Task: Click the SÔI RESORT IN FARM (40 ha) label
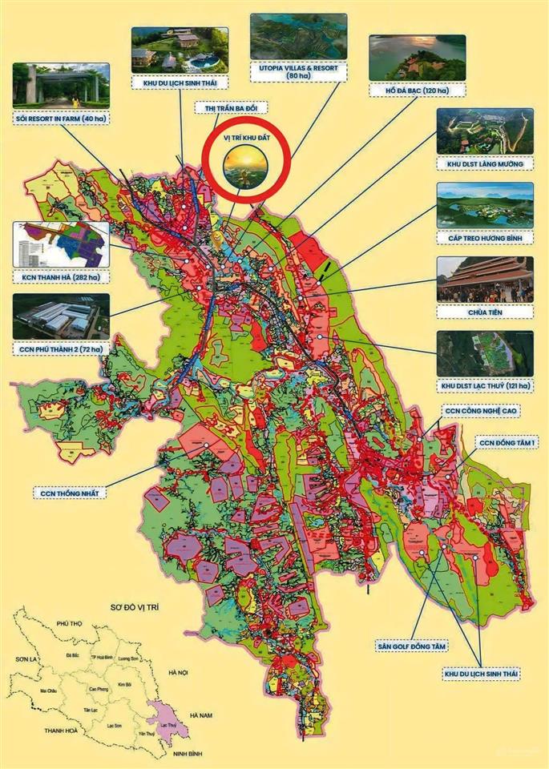(60, 119)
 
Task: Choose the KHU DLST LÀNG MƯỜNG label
(485, 163)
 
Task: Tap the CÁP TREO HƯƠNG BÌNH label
(485, 238)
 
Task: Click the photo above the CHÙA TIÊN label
(485, 280)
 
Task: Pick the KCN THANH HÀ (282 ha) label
(60, 276)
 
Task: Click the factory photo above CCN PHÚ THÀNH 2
(60, 316)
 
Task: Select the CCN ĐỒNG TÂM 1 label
(508, 442)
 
